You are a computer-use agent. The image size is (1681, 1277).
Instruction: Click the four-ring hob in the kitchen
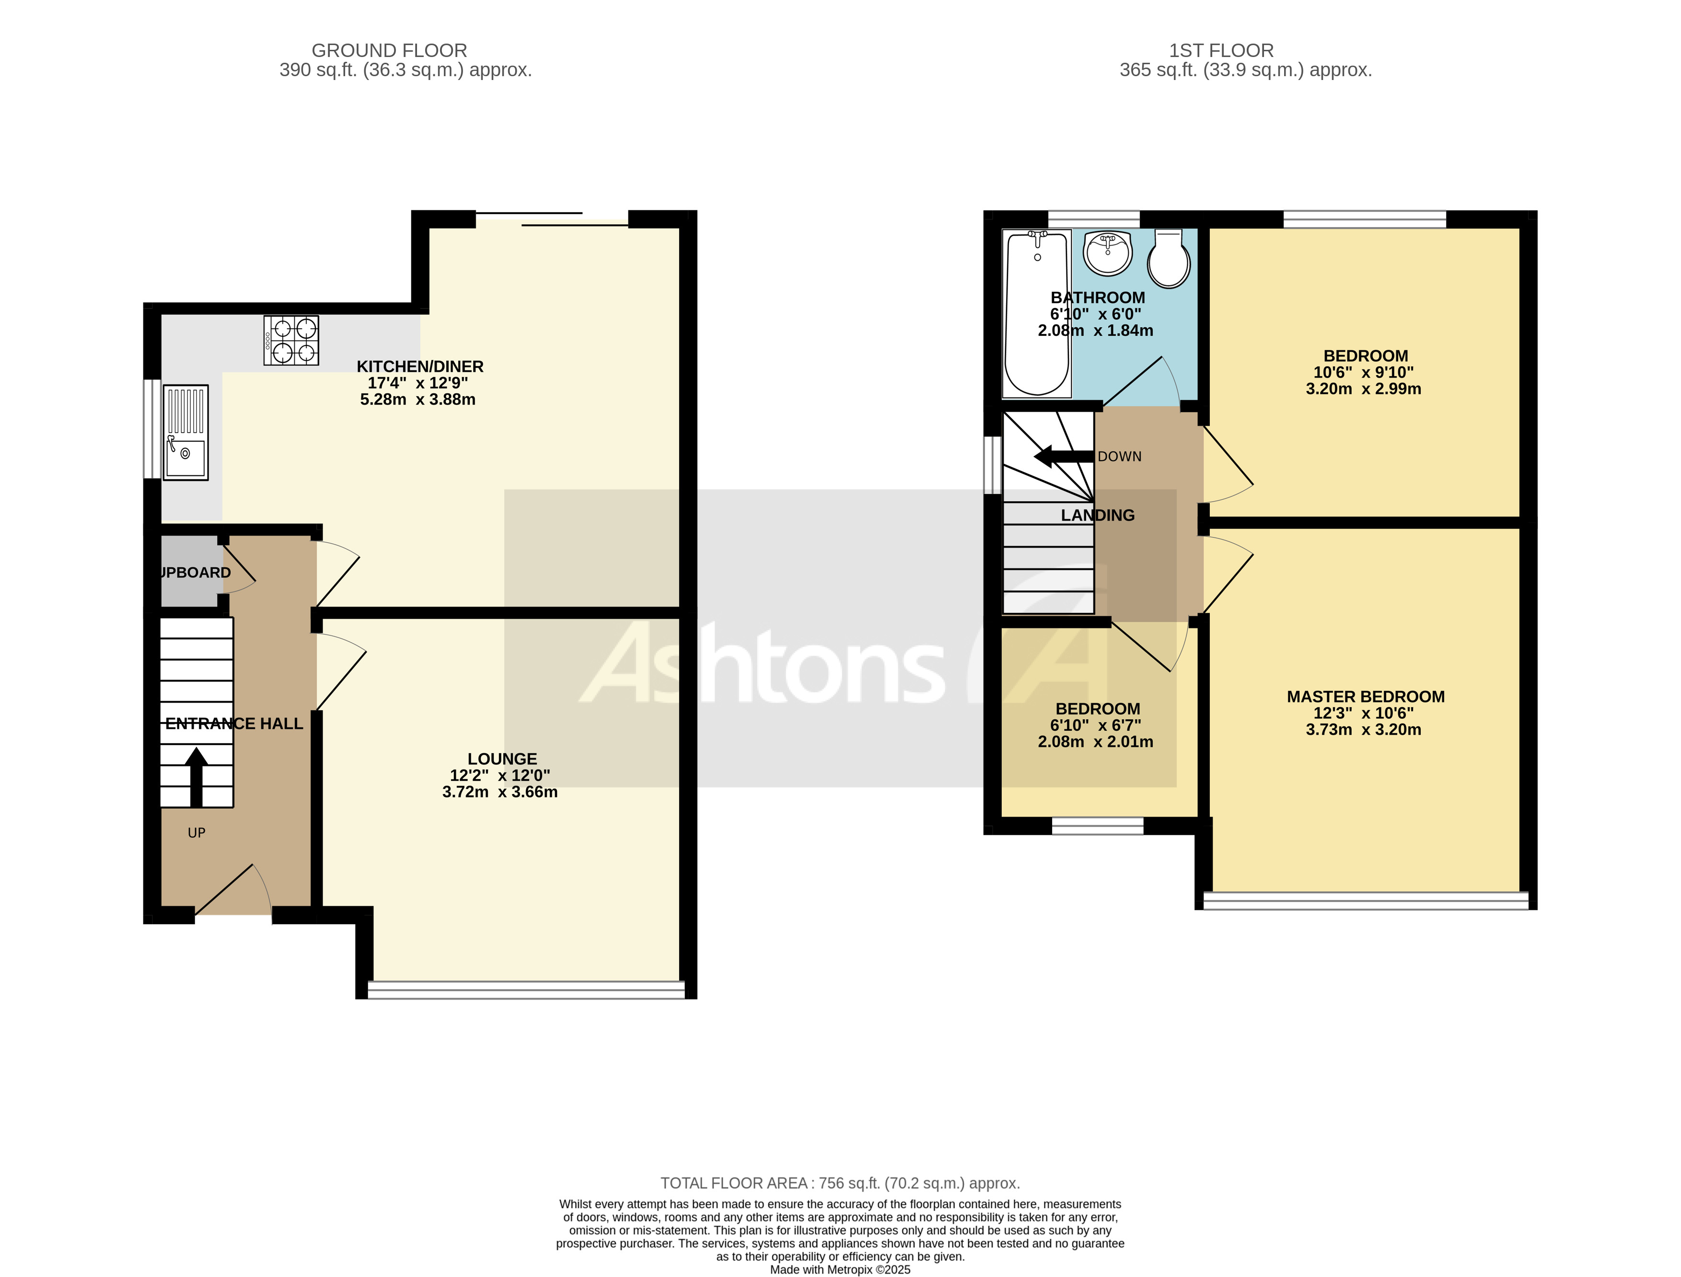point(291,341)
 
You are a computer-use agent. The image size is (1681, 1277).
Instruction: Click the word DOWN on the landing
point(1119,457)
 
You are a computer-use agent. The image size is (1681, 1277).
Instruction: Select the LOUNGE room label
point(502,759)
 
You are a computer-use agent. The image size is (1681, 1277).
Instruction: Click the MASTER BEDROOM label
point(1366,696)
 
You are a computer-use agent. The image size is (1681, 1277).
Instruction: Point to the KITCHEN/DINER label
point(420,367)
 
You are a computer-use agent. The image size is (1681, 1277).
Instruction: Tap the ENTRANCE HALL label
point(234,724)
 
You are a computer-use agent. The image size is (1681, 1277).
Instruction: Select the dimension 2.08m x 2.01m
point(1096,742)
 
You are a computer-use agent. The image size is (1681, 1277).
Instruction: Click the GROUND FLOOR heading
point(389,51)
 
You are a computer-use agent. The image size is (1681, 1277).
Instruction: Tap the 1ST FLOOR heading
point(1221,51)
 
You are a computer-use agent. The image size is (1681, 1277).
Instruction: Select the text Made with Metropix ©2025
point(840,1269)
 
